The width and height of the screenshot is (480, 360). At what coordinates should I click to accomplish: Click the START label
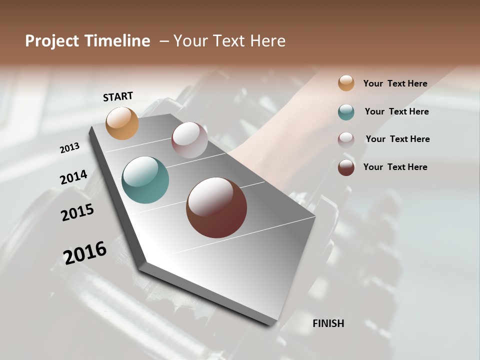tap(118, 96)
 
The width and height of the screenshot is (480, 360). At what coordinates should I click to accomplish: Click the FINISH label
tap(328, 323)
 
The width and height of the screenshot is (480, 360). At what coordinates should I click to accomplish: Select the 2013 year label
tap(69, 148)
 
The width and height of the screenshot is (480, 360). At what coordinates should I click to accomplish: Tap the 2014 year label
tap(73, 177)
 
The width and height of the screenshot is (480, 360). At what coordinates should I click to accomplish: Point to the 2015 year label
tap(77, 212)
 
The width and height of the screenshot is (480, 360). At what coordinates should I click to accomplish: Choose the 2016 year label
tap(85, 252)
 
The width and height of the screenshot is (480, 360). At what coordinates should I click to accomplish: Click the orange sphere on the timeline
tap(122, 123)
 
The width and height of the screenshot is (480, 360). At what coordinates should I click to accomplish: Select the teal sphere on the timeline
tap(145, 180)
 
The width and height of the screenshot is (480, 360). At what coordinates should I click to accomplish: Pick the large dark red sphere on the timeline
tap(216, 207)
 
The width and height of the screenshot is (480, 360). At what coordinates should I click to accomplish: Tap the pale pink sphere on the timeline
tap(189, 140)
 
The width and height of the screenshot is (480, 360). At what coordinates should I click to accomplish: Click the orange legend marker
tap(346, 83)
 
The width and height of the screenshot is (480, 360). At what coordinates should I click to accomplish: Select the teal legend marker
tap(346, 112)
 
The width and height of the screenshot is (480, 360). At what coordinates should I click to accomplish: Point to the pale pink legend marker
tap(346, 140)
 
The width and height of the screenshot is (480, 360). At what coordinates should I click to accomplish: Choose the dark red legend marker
tap(346, 167)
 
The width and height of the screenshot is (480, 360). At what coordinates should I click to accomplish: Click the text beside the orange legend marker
tap(395, 84)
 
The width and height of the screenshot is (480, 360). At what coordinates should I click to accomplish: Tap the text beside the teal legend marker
tap(396, 111)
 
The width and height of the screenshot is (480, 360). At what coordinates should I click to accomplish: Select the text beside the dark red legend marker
tap(395, 167)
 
